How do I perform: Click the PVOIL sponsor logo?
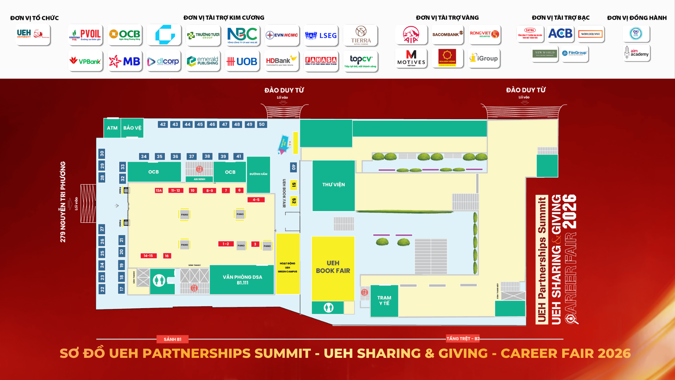[x=86, y=35]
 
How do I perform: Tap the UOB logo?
[x=242, y=62]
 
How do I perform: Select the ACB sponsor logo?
[x=560, y=34]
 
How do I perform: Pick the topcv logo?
[x=361, y=61]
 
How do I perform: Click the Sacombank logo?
[x=448, y=34]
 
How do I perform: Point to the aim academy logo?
[x=637, y=53]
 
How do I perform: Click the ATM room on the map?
[x=112, y=128]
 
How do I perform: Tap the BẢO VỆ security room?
[x=132, y=128]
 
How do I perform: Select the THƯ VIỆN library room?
[x=333, y=185]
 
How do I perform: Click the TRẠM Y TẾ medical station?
[x=384, y=301]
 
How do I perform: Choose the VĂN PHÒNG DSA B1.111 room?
[x=242, y=280]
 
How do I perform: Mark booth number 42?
[x=163, y=125]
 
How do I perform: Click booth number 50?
[x=262, y=125]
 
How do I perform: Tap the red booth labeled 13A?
[x=159, y=190]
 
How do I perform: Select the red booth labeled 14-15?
[x=148, y=256]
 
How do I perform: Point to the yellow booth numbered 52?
[x=294, y=201]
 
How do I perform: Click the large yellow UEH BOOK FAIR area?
[x=333, y=267]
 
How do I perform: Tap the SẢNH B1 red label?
[x=172, y=339]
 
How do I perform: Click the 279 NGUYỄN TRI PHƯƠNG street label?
[x=63, y=202]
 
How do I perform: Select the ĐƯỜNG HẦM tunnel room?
[x=258, y=174]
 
